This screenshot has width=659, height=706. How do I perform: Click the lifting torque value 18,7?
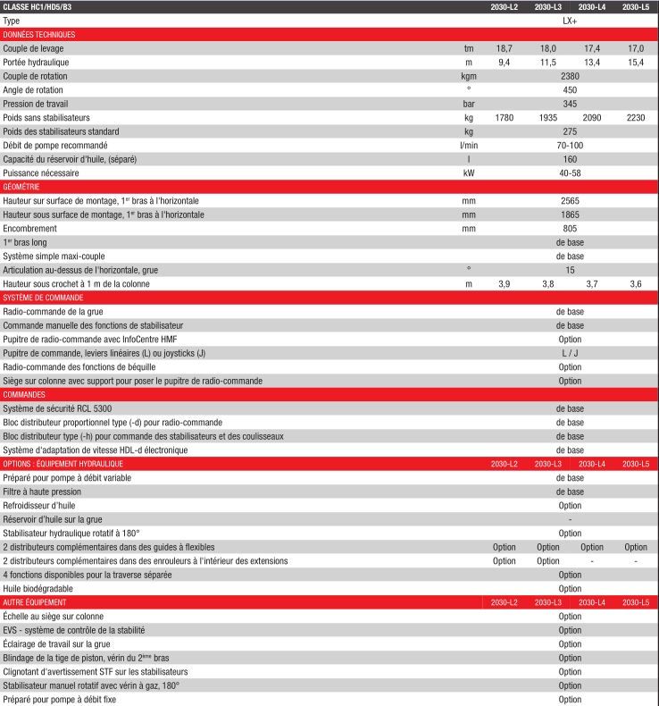[x=504, y=48]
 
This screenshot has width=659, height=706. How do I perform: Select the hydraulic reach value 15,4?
[x=635, y=62]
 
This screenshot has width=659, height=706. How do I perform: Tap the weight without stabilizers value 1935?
[x=547, y=117]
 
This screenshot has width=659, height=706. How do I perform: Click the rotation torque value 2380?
[x=570, y=76]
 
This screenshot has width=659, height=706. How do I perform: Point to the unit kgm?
[x=468, y=76]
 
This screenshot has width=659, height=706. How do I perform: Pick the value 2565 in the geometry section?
[x=570, y=200]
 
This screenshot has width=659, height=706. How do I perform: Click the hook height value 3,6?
[x=635, y=283]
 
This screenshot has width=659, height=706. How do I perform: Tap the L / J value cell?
[x=570, y=353]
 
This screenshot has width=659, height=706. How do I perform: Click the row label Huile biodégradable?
[x=38, y=588]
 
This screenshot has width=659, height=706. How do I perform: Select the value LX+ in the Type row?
[x=570, y=20]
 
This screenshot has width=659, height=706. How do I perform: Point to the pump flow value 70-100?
[x=570, y=145]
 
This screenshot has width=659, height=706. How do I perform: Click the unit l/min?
[x=468, y=145]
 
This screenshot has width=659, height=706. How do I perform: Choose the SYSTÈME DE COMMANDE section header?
[x=43, y=298]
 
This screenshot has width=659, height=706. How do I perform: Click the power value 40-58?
[x=570, y=172]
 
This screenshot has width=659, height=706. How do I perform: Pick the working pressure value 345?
[x=570, y=104]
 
